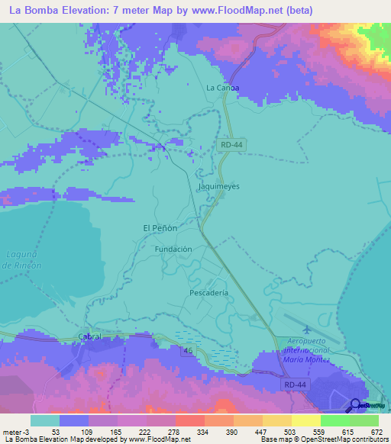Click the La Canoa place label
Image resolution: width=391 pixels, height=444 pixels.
tap(223, 88)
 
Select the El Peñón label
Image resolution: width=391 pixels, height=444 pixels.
tap(160, 228)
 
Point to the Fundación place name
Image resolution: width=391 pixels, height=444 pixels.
tap(173, 249)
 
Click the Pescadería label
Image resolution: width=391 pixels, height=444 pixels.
tap(208, 292)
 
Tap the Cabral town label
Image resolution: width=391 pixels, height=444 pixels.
tap(89, 336)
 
